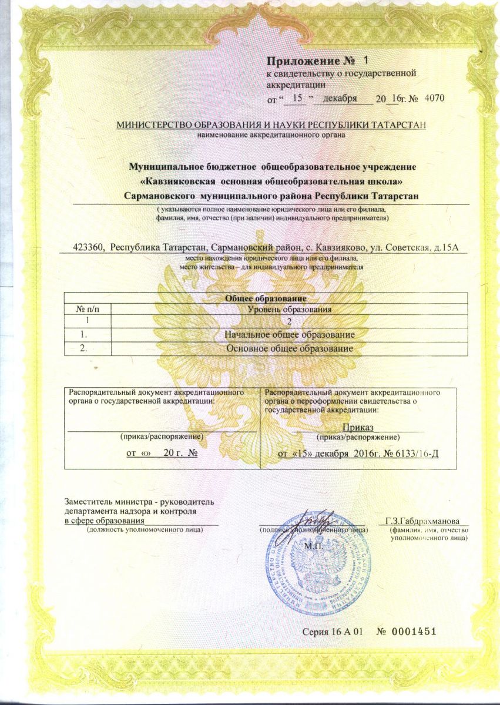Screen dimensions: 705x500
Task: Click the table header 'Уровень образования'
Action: coord(290,309)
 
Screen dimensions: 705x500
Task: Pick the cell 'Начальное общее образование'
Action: coord(290,335)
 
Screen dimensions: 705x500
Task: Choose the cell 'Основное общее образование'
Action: coord(290,348)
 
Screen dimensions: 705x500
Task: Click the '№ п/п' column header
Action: coord(86,309)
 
